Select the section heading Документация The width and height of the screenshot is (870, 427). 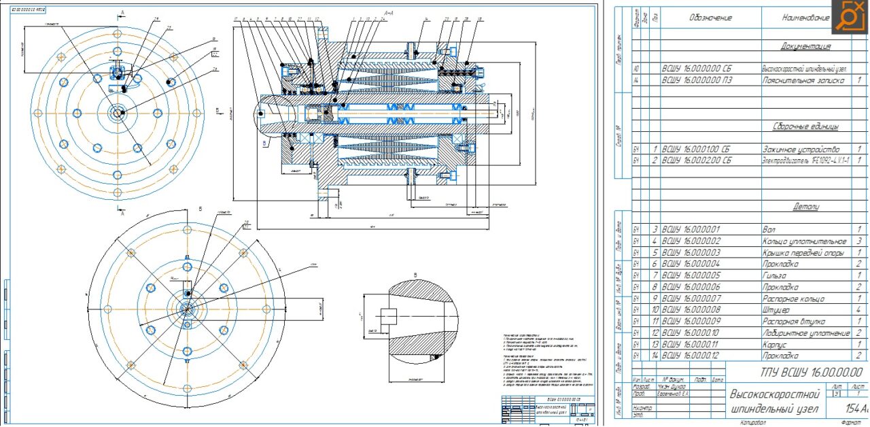click(x=805, y=46)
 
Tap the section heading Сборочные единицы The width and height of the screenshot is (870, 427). click(x=805, y=126)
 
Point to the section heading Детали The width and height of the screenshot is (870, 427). click(x=805, y=206)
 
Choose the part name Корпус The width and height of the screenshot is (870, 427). click(x=778, y=345)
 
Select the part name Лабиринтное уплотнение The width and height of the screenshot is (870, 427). click(x=806, y=333)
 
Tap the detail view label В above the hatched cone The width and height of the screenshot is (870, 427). click(x=414, y=275)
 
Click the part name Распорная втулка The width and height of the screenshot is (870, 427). click(x=793, y=322)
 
